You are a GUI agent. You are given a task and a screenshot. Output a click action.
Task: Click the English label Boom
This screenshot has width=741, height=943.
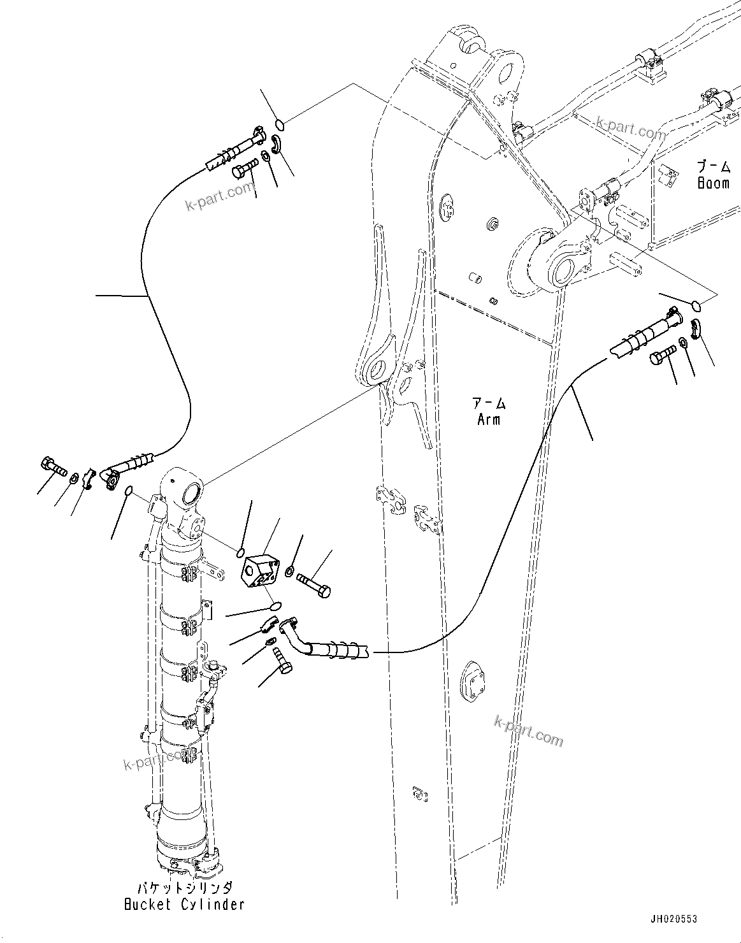click(x=712, y=184)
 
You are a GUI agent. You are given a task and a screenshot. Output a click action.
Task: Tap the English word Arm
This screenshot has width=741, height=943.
click(x=489, y=419)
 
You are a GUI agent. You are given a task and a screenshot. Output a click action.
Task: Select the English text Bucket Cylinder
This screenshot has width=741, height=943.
click(x=184, y=904)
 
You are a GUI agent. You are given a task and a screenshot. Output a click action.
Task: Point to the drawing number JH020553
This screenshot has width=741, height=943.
click(x=673, y=919)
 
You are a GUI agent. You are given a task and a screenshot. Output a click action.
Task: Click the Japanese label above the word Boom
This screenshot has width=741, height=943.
click(x=712, y=167)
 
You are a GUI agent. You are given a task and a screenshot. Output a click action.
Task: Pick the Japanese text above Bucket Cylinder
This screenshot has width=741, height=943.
click(x=184, y=888)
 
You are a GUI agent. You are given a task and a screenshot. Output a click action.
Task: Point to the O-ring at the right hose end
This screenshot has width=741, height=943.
click(x=696, y=306)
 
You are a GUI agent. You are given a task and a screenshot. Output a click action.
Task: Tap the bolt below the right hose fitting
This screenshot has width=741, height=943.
click(x=663, y=355)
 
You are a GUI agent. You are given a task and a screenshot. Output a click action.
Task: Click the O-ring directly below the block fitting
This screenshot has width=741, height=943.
click(x=276, y=604)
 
